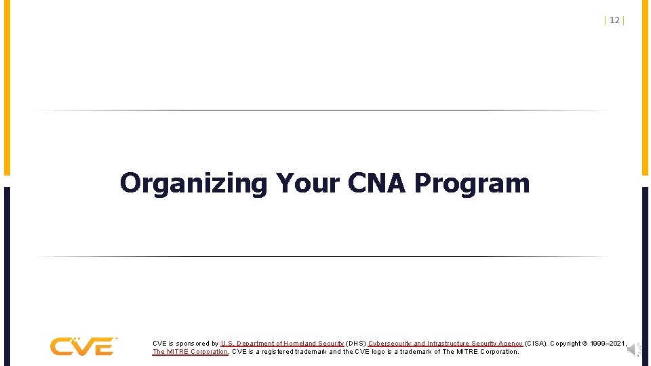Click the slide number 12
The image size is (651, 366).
coord(614,20)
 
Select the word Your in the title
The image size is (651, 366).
coord(308,183)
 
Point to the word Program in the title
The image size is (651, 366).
coord(472,184)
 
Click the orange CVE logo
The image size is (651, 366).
coord(83,346)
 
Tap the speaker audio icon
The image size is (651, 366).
coord(633,349)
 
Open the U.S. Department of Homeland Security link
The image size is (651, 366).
coord(282,344)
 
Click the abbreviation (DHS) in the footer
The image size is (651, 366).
coord(356,344)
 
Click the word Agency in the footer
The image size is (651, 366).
coord(509,344)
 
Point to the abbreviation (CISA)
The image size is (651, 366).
coord(536,344)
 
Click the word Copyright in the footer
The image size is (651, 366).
coord(566,344)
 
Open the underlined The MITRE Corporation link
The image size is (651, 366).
coord(190,352)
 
